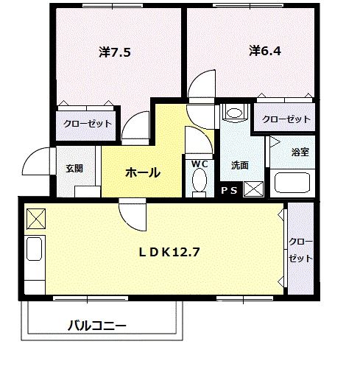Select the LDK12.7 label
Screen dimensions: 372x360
[170, 251]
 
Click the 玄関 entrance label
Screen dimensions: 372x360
[74, 168]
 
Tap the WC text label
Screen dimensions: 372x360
[200, 164]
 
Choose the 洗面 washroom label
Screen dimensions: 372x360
[239, 166]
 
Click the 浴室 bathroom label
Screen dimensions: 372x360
[300, 152]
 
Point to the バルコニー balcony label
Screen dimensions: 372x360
[97, 325]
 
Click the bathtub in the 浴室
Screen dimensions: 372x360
[293, 182]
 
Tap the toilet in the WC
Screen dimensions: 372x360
[200, 181]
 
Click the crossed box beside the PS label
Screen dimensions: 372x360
[253, 189]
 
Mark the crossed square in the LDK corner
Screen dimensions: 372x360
[36, 219]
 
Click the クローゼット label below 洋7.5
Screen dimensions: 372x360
[87, 124]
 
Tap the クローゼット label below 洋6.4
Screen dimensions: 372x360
[283, 118]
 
